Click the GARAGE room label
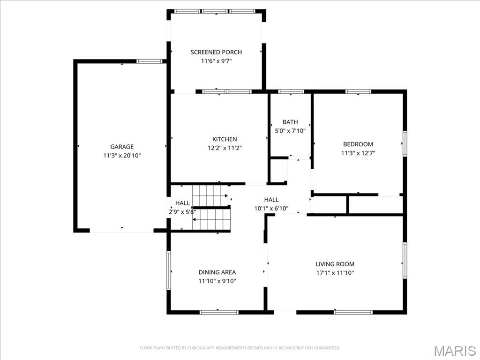pyautogui.click(x=122, y=147)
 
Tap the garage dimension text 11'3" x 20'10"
pyautogui.click(x=122, y=156)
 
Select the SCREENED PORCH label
pyautogui.click(x=216, y=52)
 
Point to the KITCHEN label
pyautogui.click(x=225, y=139)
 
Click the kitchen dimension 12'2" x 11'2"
pyautogui.click(x=225, y=148)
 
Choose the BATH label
pyautogui.click(x=290, y=122)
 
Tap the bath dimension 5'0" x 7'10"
pyautogui.click(x=290, y=131)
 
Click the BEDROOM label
pyautogui.click(x=358, y=144)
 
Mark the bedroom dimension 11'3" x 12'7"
pyautogui.click(x=358, y=153)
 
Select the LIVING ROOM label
pyautogui.click(x=335, y=264)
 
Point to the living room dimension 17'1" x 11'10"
pyautogui.click(x=335, y=273)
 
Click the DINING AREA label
pyautogui.click(x=217, y=272)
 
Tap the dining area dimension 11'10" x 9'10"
pyautogui.click(x=217, y=281)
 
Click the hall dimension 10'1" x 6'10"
pyautogui.click(x=271, y=208)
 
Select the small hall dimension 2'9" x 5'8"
pyautogui.click(x=182, y=212)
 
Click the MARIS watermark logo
pyautogui.click(x=454, y=351)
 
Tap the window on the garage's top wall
pyautogui.click(x=149, y=61)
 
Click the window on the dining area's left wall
pyautogui.click(x=169, y=270)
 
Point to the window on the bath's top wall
pyautogui.click(x=291, y=91)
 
